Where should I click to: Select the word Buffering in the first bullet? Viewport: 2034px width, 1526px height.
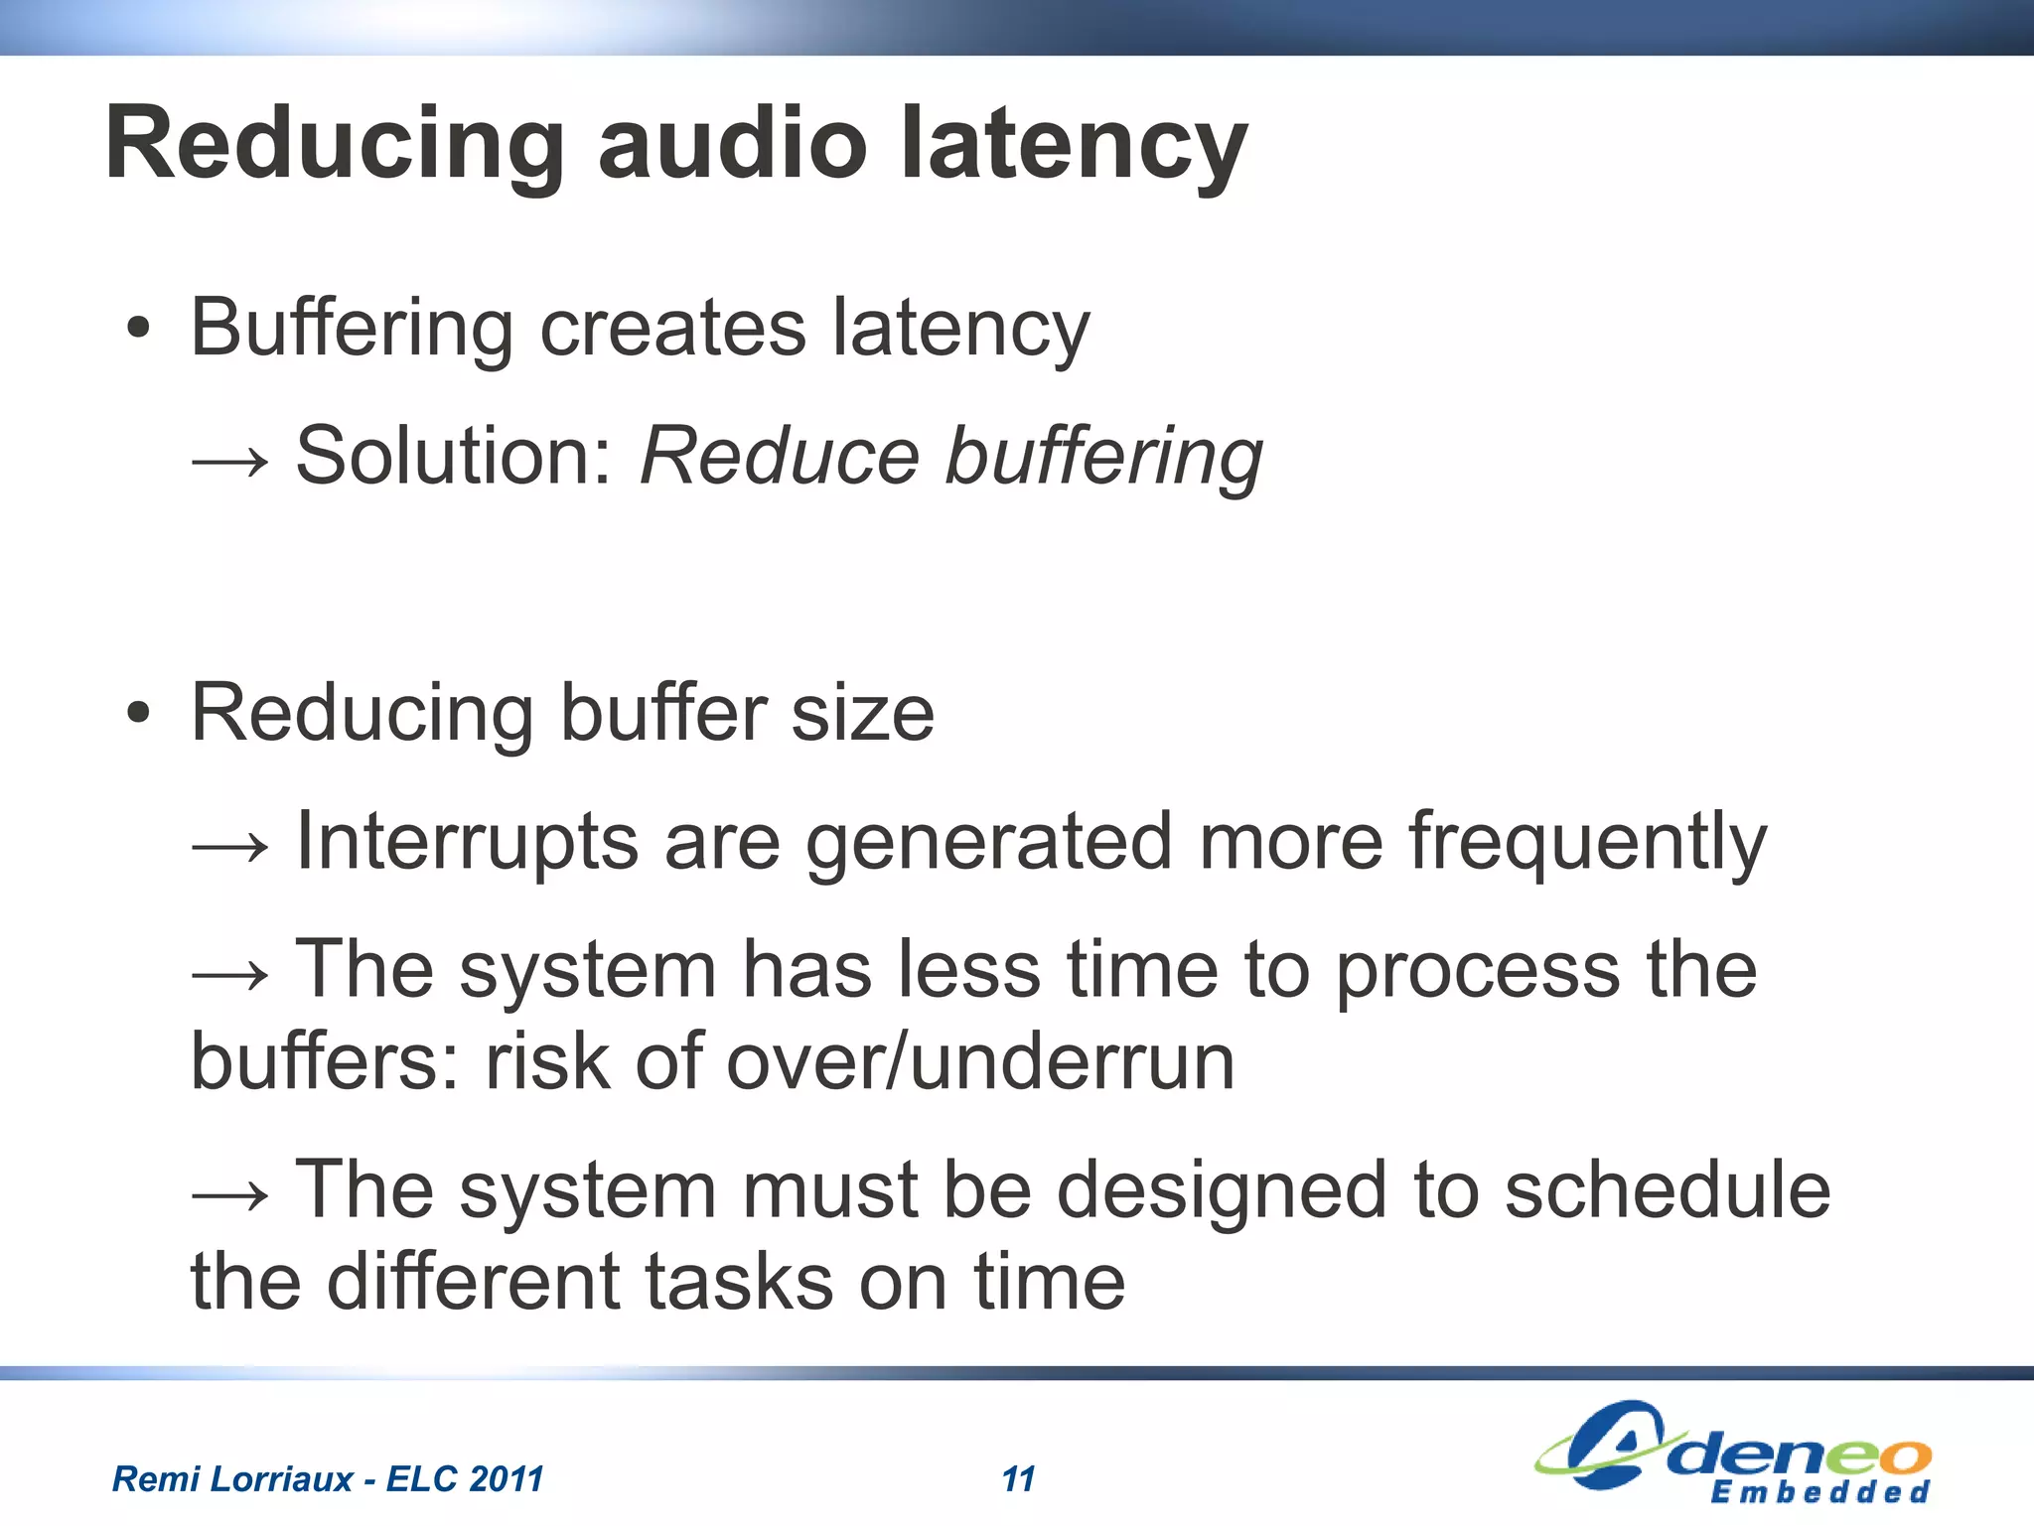[x=352, y=330]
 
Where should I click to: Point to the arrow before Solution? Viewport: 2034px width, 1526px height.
[x=230, y=460]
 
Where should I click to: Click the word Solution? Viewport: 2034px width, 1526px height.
[x=456, y=457]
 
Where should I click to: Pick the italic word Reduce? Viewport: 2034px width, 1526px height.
[x=780, y=457]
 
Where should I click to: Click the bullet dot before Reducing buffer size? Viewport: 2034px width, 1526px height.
[x=139, y=713]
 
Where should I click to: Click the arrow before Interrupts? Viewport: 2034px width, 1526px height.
[x=230, y=845]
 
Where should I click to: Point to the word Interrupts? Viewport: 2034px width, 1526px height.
[x=467, y=842]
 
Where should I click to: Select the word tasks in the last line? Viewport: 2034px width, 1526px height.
[x=739, y=1282]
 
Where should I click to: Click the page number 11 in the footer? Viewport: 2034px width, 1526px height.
[x=1018, y=1479]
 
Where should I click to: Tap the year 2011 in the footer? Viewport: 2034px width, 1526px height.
[x=506, y=1479]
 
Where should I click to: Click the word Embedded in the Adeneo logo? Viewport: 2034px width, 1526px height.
[x=1819, y=1492]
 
